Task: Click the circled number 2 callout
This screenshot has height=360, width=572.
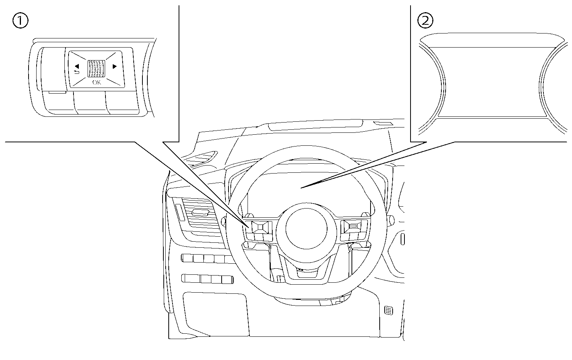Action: tap(425, 21)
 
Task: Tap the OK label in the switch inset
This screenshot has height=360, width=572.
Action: tap(96, 83)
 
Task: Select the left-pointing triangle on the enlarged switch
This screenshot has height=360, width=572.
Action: tap(77, 66)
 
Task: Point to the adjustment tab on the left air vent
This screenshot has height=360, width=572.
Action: tap(201, 213)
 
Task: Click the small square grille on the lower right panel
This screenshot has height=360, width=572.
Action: tap(388, 311)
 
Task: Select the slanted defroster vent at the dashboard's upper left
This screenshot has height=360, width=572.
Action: tap(202, 158)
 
